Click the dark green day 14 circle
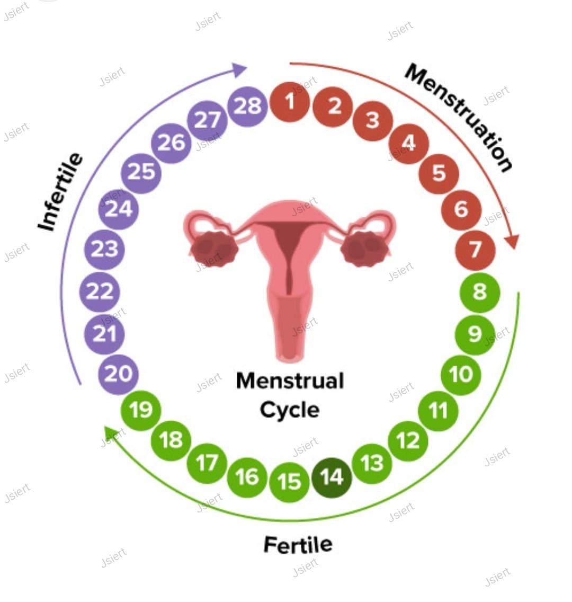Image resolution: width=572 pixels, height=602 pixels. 332,477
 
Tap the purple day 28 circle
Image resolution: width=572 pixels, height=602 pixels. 247,107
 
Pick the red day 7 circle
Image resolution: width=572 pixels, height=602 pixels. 475,250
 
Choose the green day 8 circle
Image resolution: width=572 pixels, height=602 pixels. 479,292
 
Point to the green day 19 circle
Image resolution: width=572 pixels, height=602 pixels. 141,410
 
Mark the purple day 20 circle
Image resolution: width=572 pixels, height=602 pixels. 119,374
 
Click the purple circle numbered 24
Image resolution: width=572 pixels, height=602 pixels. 119,209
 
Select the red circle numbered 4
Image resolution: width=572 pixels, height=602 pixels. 408,144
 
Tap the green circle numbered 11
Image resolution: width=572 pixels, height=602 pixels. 437,411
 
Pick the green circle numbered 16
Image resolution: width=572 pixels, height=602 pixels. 247,477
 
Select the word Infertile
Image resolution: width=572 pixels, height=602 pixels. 60,191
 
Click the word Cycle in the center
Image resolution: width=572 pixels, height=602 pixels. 290,410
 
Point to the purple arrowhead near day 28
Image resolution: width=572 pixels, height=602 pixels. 239,69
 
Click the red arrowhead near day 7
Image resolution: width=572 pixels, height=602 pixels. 513,241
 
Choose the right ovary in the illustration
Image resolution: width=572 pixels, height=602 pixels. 364,248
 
